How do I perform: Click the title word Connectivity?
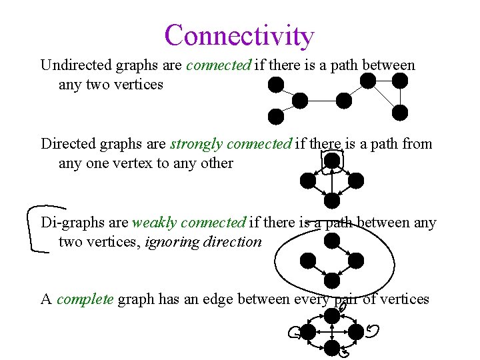(x=239, y=36)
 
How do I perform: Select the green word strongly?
(x=196, y=144)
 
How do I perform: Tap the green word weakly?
(x=155, y=223)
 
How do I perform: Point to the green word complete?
(x=85, y=299)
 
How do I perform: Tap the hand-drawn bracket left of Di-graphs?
(x=37, y=228)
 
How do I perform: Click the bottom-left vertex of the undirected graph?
(x=276, y=117)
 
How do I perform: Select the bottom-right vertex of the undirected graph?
(x=400, y=113)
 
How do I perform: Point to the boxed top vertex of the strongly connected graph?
(x=332, y=161)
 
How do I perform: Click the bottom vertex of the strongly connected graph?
(x=332, y=199)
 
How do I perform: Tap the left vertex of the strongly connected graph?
(x=307, y=180)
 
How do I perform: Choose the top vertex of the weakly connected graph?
(x=332, y=241)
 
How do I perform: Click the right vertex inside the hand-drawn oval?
(x=356, y=260)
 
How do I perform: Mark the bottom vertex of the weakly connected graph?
(x=332, y=280)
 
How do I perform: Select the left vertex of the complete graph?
(x=308, y=331)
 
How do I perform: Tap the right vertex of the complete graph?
(x=356, y=331)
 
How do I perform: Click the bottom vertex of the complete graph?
(x=332, y=347)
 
